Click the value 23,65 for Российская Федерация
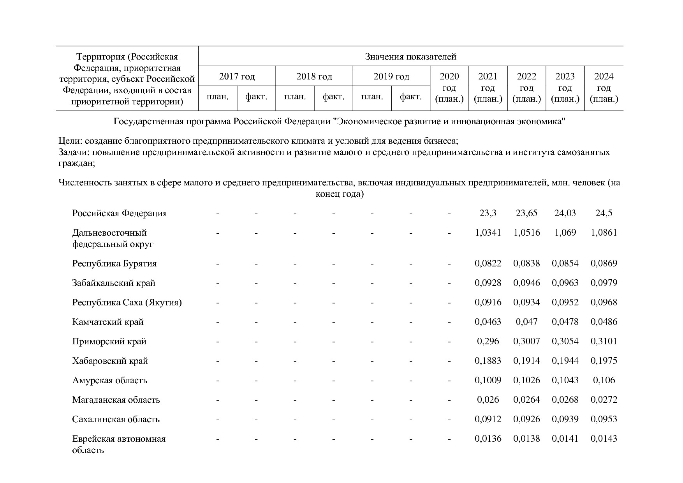click(x=526, y=213)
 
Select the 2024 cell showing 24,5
click(x=604, y=213)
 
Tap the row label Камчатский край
click(x=108, y=322)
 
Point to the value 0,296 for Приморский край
click(x=488, y=341)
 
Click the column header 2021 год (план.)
click(x=488, y=88)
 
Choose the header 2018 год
click(x=314, y=76)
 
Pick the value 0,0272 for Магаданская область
click(x=604, y=400)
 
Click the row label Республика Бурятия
click(x=114, y=263)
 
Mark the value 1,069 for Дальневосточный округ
click(x=565, y=233)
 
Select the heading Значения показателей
click(x=410, y=57)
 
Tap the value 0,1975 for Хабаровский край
click(x=604, y=361)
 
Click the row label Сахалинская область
click(x=116, y=419)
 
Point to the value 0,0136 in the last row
click(x=488, y=439)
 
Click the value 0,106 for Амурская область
click(x=604, y=380)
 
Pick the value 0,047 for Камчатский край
click(x=526, y=322)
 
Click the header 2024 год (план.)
click(x=604, y=88)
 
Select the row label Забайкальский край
click(x=113, y=283)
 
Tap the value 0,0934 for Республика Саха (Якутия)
click(x=526, y=302)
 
